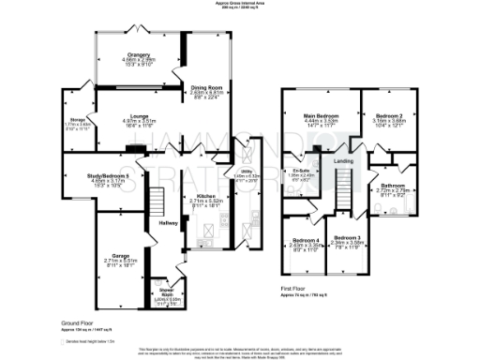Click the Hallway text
(x=167, y=221)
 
